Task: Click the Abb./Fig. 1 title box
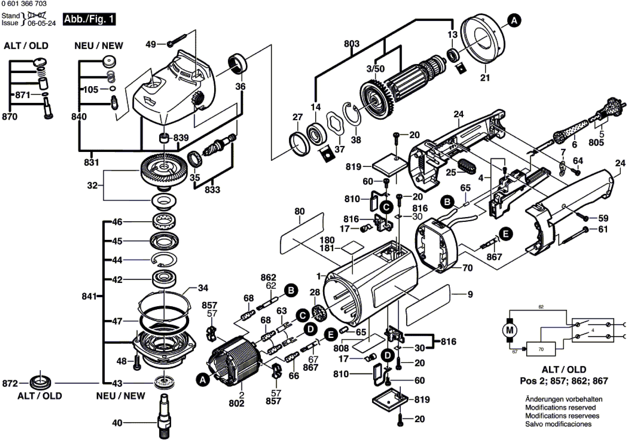click(x=89, y=19)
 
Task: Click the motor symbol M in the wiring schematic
click(x=510, y=330)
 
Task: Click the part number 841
click(x=89, y=296)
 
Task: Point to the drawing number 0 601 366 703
click(x=24, y=4)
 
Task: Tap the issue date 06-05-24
click(x=42, y=23)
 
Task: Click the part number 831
click(x=91, y=162)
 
